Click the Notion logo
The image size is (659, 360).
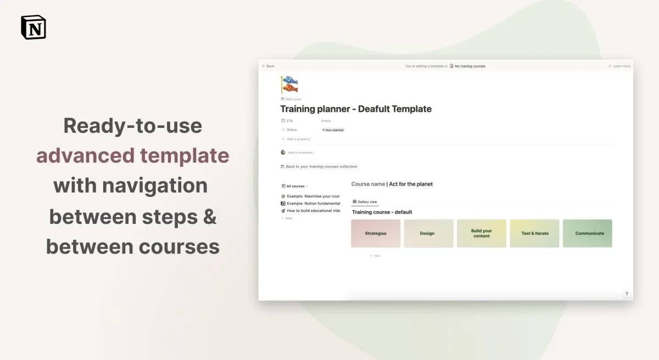tap(33, 27)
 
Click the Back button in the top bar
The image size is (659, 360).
tap(268, 66)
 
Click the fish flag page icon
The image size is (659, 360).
tap(289, 85)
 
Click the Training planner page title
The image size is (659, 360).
tap(356, 109)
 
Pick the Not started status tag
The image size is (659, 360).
tap(333, 130)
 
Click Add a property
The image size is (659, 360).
tap(298, 139)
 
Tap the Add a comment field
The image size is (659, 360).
tap(301, 153)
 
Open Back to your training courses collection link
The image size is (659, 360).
tap(321, 166)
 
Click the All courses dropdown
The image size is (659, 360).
tap(295, 186)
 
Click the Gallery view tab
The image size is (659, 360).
tap(365, 202)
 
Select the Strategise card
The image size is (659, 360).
tap(376, 233)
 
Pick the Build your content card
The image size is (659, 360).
tap(482, 233)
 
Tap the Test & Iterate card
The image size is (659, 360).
tap(534, 233)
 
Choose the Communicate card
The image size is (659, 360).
tap(588, 233)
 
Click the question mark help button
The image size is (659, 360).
tap(627, 294)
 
